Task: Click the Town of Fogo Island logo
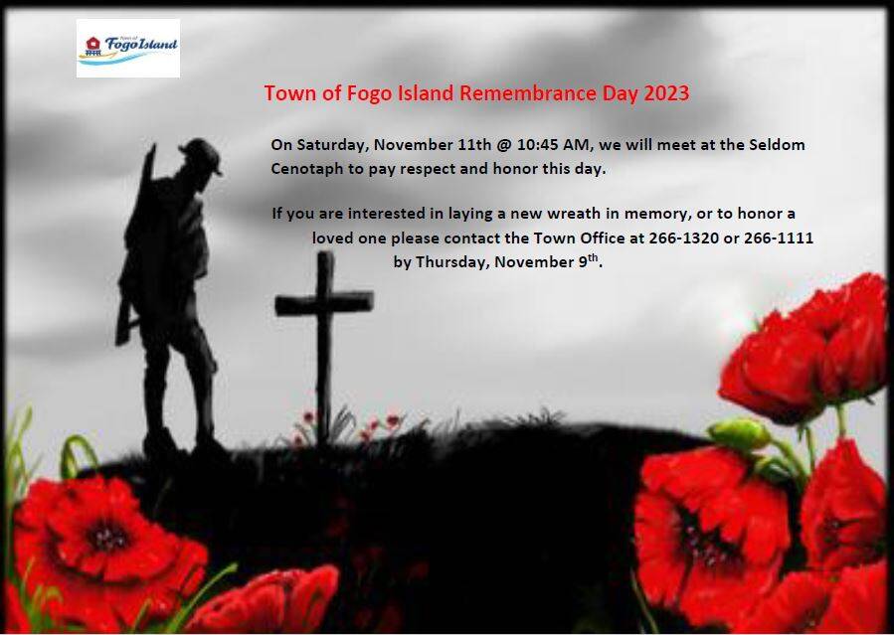[x=128, y=48]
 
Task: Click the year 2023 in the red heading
[x=666, y=92]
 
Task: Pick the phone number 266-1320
[x=683, y=238]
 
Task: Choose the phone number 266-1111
[x=779, y=238]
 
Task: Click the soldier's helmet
[x=201, y=155]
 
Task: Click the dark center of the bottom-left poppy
[x=107, y=537]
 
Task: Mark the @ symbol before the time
[x=504, y=145]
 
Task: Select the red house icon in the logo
[x=92, y=44]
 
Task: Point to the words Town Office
[x=579, y=238]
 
